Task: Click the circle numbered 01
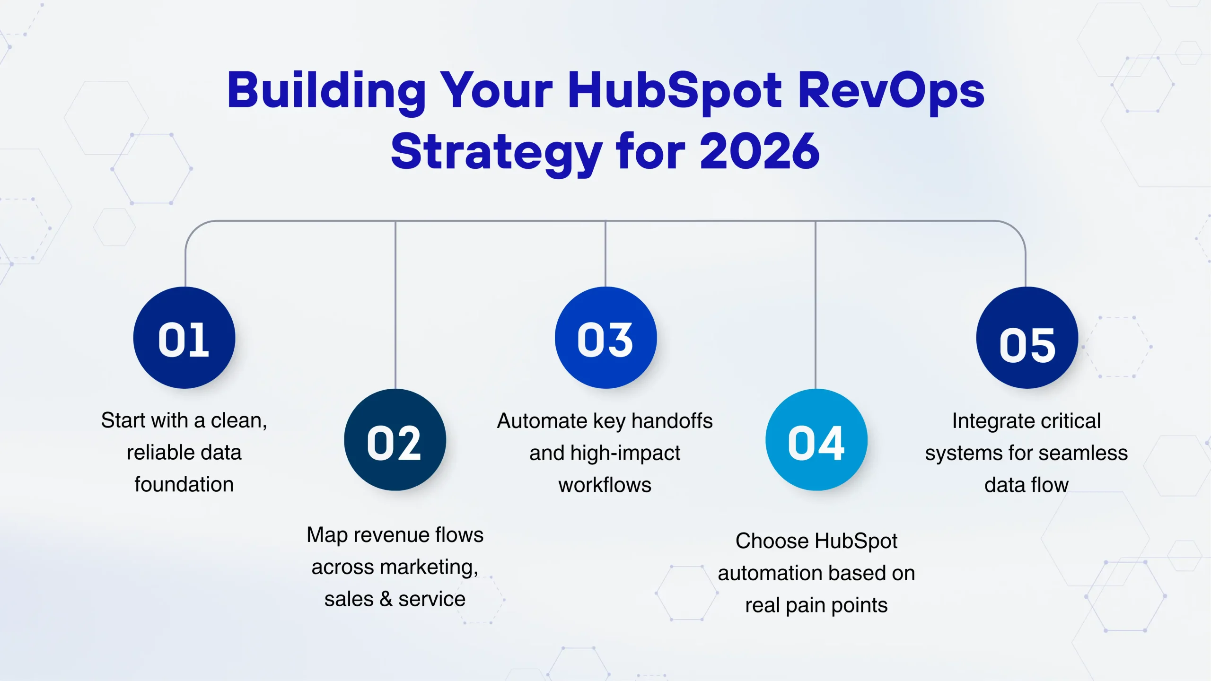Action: pyautogui.click(x=184, y=338)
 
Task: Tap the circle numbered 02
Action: pyautogui.click(x=395, y=440)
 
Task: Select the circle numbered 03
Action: pyautogui.click(x=605, y=338)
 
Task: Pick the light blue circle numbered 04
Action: pyautogui.click(x=816, y=440)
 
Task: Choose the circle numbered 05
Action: pyautogui.click(x=1027, y=338)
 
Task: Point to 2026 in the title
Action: pyautogui.click(x=760, y=151)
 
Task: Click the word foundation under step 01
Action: pyautogui.click(x=184, y=484)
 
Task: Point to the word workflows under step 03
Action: pyautogui.click(x=605, y=485)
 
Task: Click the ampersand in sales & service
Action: pyautogui.click(x=386, y=599)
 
